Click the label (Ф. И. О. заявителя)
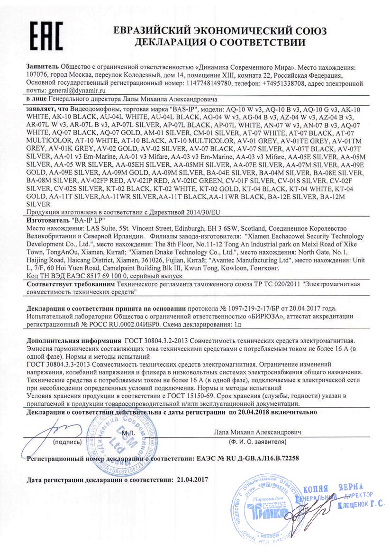pos(256,441)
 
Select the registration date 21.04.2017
pos(191,480)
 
